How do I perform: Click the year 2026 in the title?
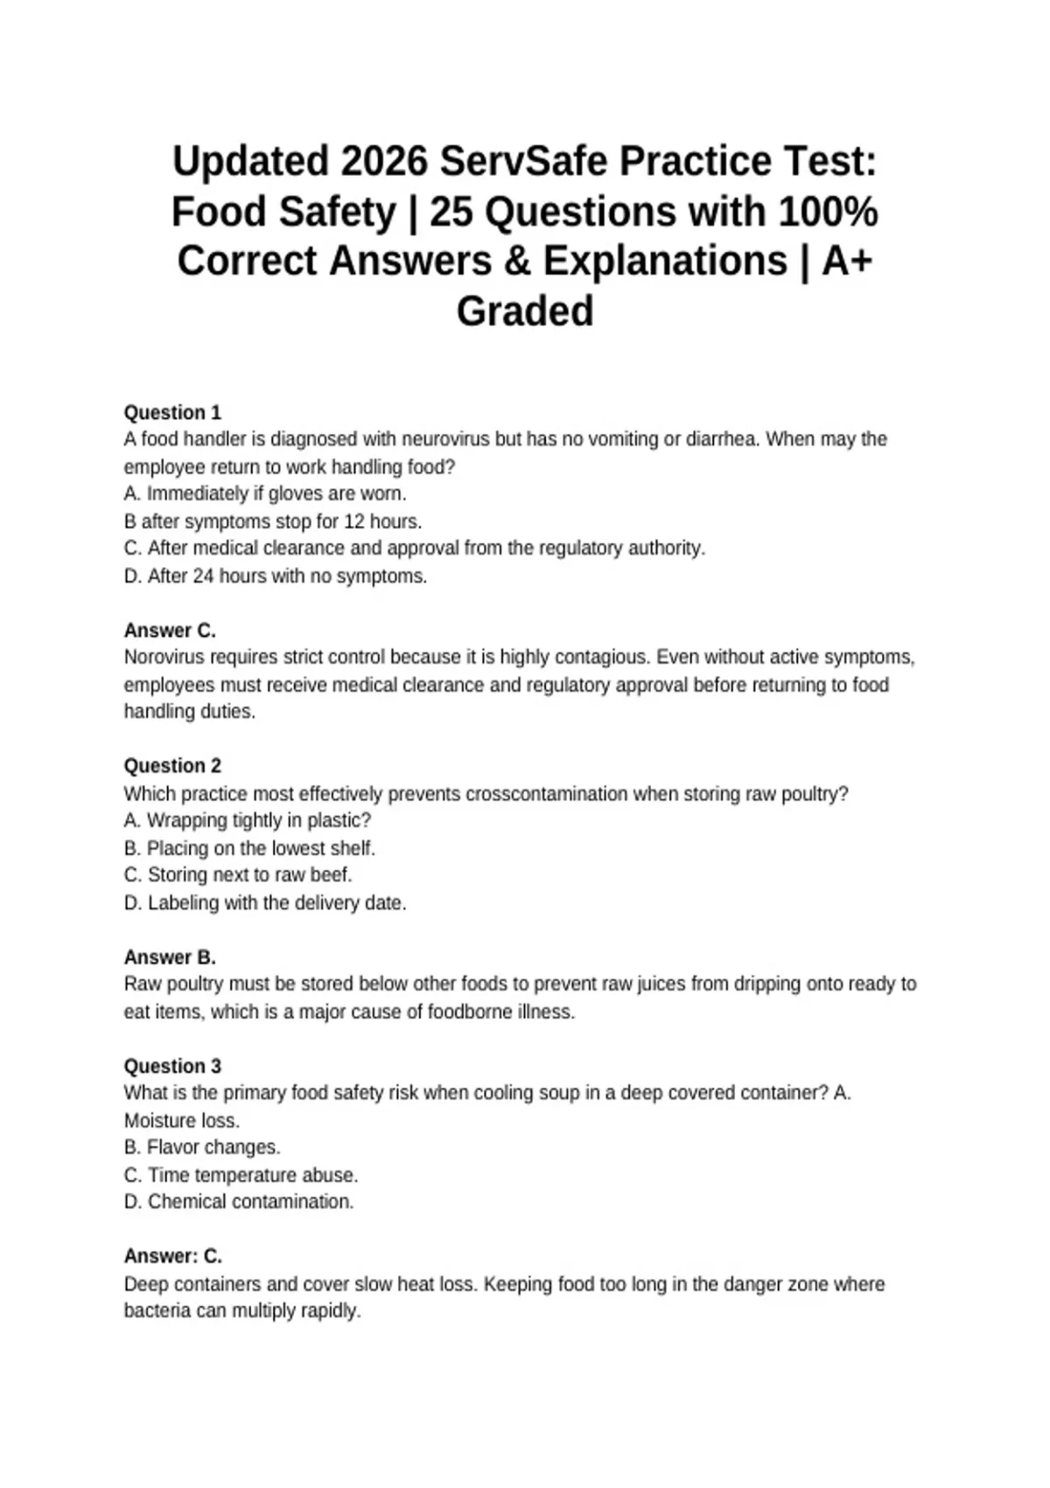point(384,162)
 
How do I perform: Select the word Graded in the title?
point(525,312)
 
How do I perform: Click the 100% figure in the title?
point(828,212)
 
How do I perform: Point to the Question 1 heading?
point(172,412)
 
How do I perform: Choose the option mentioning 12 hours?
point(273,522)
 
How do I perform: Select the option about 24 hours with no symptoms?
point(276,577)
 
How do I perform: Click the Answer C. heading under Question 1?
point(170,630)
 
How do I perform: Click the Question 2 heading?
point(172,766)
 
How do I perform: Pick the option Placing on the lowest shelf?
point(249,848)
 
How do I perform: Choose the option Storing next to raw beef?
point(238,875)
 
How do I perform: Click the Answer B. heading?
point(170,957)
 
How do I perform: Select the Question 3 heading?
point(172,1066)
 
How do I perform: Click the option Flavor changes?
point(202,1148)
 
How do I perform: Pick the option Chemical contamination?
point(239,1202)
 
